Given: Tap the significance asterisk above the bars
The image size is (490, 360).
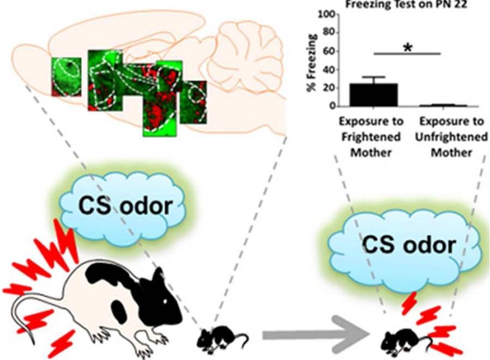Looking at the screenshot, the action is tap(407, 47).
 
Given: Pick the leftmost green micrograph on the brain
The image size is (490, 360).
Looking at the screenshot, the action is tap(66, 76).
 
